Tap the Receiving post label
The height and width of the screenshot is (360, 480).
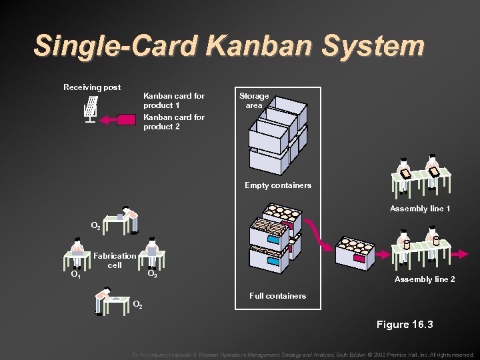[92, 87]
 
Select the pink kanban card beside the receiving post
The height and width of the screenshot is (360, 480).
[127, 120]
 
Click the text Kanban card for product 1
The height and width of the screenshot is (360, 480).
[174, 101]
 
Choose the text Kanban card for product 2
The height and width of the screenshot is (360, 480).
[174, 122]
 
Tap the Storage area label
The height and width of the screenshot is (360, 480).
[254, 101]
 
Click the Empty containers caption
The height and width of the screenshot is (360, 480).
[278, 185]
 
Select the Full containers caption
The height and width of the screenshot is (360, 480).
[277, 295]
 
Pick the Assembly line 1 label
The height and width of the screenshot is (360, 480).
[420, 209]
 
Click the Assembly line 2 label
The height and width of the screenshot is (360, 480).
[425, 279]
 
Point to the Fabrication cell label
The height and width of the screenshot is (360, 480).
[115, 260]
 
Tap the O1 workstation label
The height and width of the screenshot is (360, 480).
[76, 274]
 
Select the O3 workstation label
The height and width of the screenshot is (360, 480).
[152, 273]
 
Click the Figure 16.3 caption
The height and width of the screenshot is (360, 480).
[405, 325]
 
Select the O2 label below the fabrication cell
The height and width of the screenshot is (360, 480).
[137, 305]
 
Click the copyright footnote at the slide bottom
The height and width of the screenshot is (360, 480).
[303, 355]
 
